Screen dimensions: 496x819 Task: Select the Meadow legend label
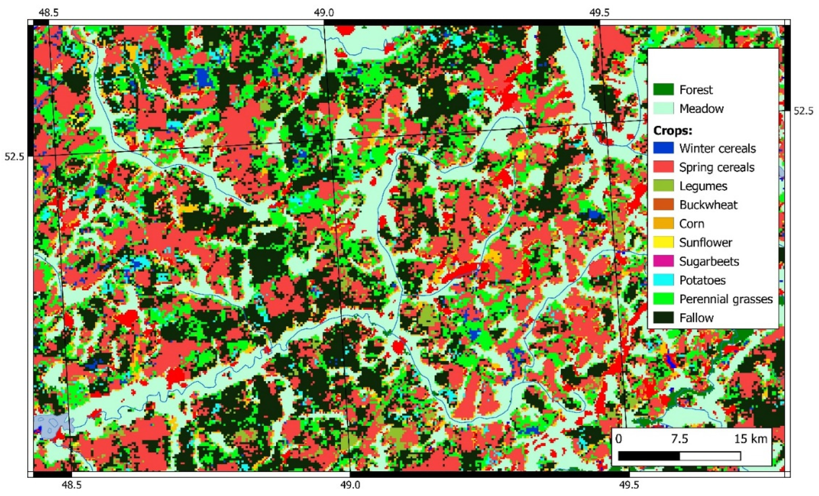[x=701, y=109]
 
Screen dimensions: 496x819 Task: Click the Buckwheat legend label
[x=708, y=205]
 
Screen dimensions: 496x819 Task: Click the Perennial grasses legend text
[x=726, y=299]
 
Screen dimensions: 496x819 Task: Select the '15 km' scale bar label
[x=750, y=439]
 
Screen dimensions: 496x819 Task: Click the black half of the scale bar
[x=649, y=456]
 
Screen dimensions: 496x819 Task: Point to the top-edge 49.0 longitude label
[x=324, y=13]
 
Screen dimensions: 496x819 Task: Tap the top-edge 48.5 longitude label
[x=48, y=13]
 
